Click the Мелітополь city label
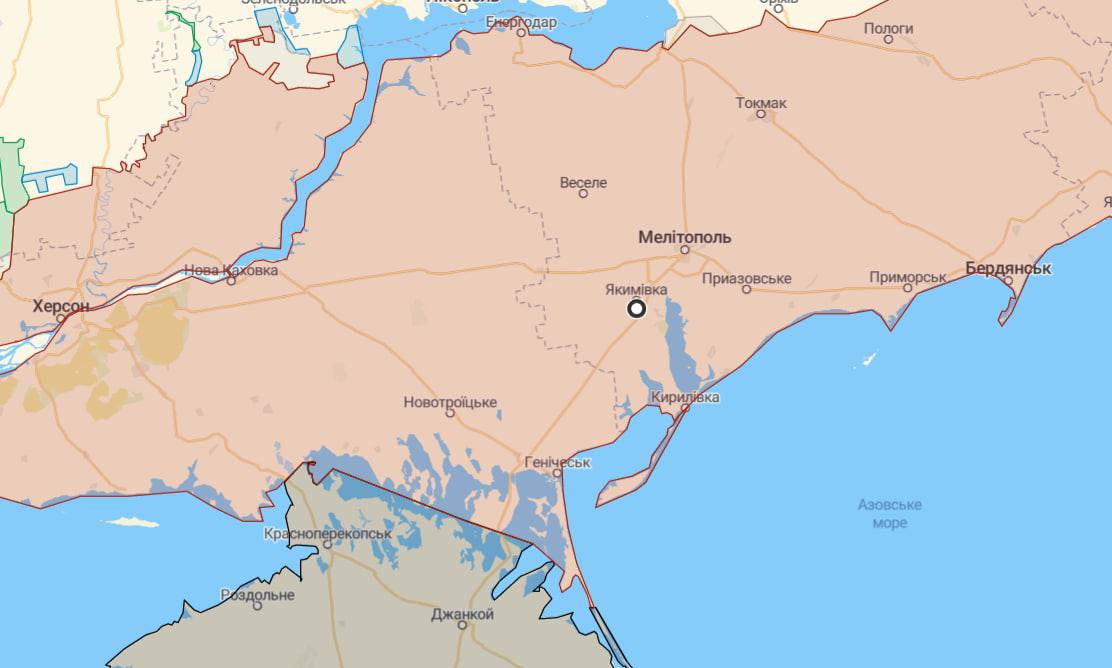[684, 237]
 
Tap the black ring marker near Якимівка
[636, 308]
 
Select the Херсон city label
[61, 305]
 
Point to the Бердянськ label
[1008, 268]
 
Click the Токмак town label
[761, 103]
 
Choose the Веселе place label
[583, 182]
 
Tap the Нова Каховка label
[231, 270]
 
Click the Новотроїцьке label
[450, 402]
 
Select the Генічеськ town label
[557, 462]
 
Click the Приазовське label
[747, 278]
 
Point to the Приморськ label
[907, 276]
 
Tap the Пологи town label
[888, 28]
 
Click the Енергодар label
[520, 21]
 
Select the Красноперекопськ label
[327, 534]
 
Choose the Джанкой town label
[462, 614]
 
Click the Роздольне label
[257, 594]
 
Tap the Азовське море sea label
[889, 513]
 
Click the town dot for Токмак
[761, 114]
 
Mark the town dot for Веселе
[583, 193]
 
